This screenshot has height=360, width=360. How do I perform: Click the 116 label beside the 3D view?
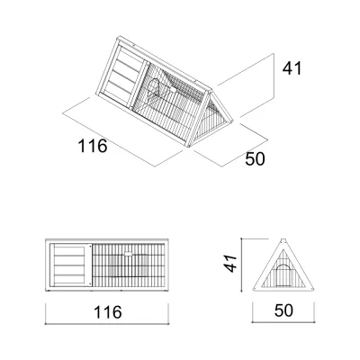click(93, 146)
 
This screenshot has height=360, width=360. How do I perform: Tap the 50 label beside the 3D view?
click(255, 159)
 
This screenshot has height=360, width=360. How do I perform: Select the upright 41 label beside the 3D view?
click(292, 68)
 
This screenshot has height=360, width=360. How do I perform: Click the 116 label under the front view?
click(108, 312)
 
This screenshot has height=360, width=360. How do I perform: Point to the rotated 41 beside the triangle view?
click(231, 263)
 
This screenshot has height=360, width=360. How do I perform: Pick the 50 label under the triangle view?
click(283, 310)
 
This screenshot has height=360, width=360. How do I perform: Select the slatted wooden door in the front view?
click(70, 265)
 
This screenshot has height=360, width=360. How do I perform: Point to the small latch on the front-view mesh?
click(129, 254)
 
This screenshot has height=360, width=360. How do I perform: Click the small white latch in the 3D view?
click(173, 89)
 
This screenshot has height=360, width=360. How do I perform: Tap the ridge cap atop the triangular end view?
click(283, 240)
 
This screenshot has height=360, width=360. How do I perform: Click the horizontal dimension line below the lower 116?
click(107, 324)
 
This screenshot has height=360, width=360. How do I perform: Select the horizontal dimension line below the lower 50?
click(283, 322)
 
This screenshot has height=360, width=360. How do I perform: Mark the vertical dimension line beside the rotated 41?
click(241, 265)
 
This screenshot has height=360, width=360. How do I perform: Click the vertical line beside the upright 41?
click(274, 76)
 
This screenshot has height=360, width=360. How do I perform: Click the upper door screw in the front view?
click(90, 247)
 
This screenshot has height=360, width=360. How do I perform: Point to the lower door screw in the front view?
click(90, 283)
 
